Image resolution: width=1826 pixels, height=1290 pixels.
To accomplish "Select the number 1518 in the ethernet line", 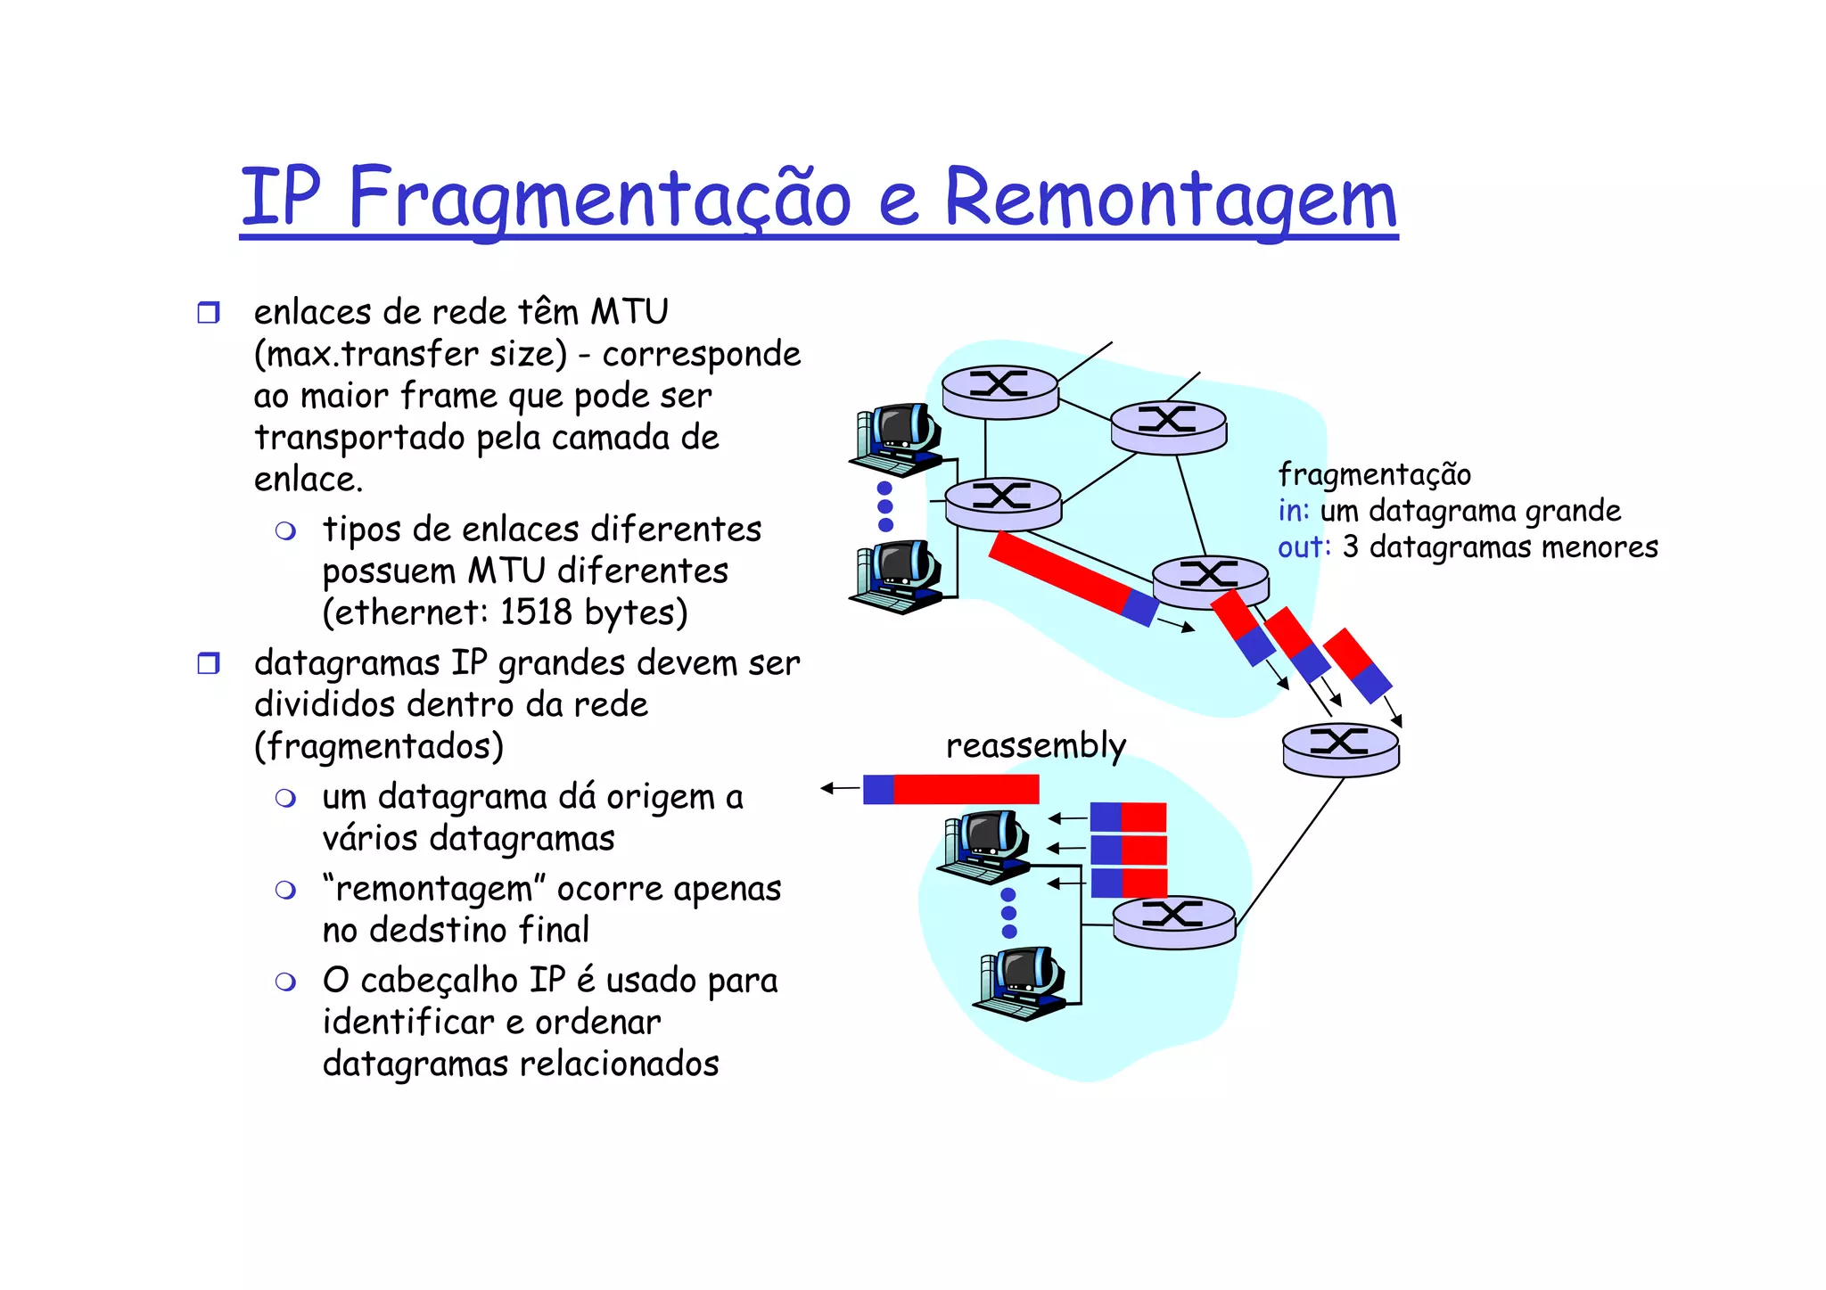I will tap(535, 612).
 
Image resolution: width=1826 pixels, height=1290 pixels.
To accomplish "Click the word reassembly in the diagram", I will tap(1035, 745).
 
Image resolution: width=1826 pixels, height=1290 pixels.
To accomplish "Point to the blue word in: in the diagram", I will tap(1294, 511).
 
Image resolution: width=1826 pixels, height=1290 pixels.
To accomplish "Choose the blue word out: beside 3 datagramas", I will tap(1304, 546).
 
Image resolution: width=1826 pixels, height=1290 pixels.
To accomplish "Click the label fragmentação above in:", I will tap(1374, 474).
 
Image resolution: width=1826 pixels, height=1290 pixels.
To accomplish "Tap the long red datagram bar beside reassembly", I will tap(966, 789).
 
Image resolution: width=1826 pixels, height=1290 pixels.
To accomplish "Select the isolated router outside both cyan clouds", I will tap(1340, 748).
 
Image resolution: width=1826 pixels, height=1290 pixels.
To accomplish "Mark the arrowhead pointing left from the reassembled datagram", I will tap(827, 788).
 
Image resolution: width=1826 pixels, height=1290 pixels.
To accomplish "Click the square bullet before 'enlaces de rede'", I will tap(208, 313).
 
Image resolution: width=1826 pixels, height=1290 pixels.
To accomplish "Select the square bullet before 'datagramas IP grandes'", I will tap(208, 663).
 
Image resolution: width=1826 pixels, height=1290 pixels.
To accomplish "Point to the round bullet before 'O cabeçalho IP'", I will tap(285, 982).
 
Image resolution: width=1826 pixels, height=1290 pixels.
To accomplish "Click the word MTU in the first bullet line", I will tap(629, 312).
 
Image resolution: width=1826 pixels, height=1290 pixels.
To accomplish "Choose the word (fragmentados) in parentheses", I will tap(379, 746).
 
